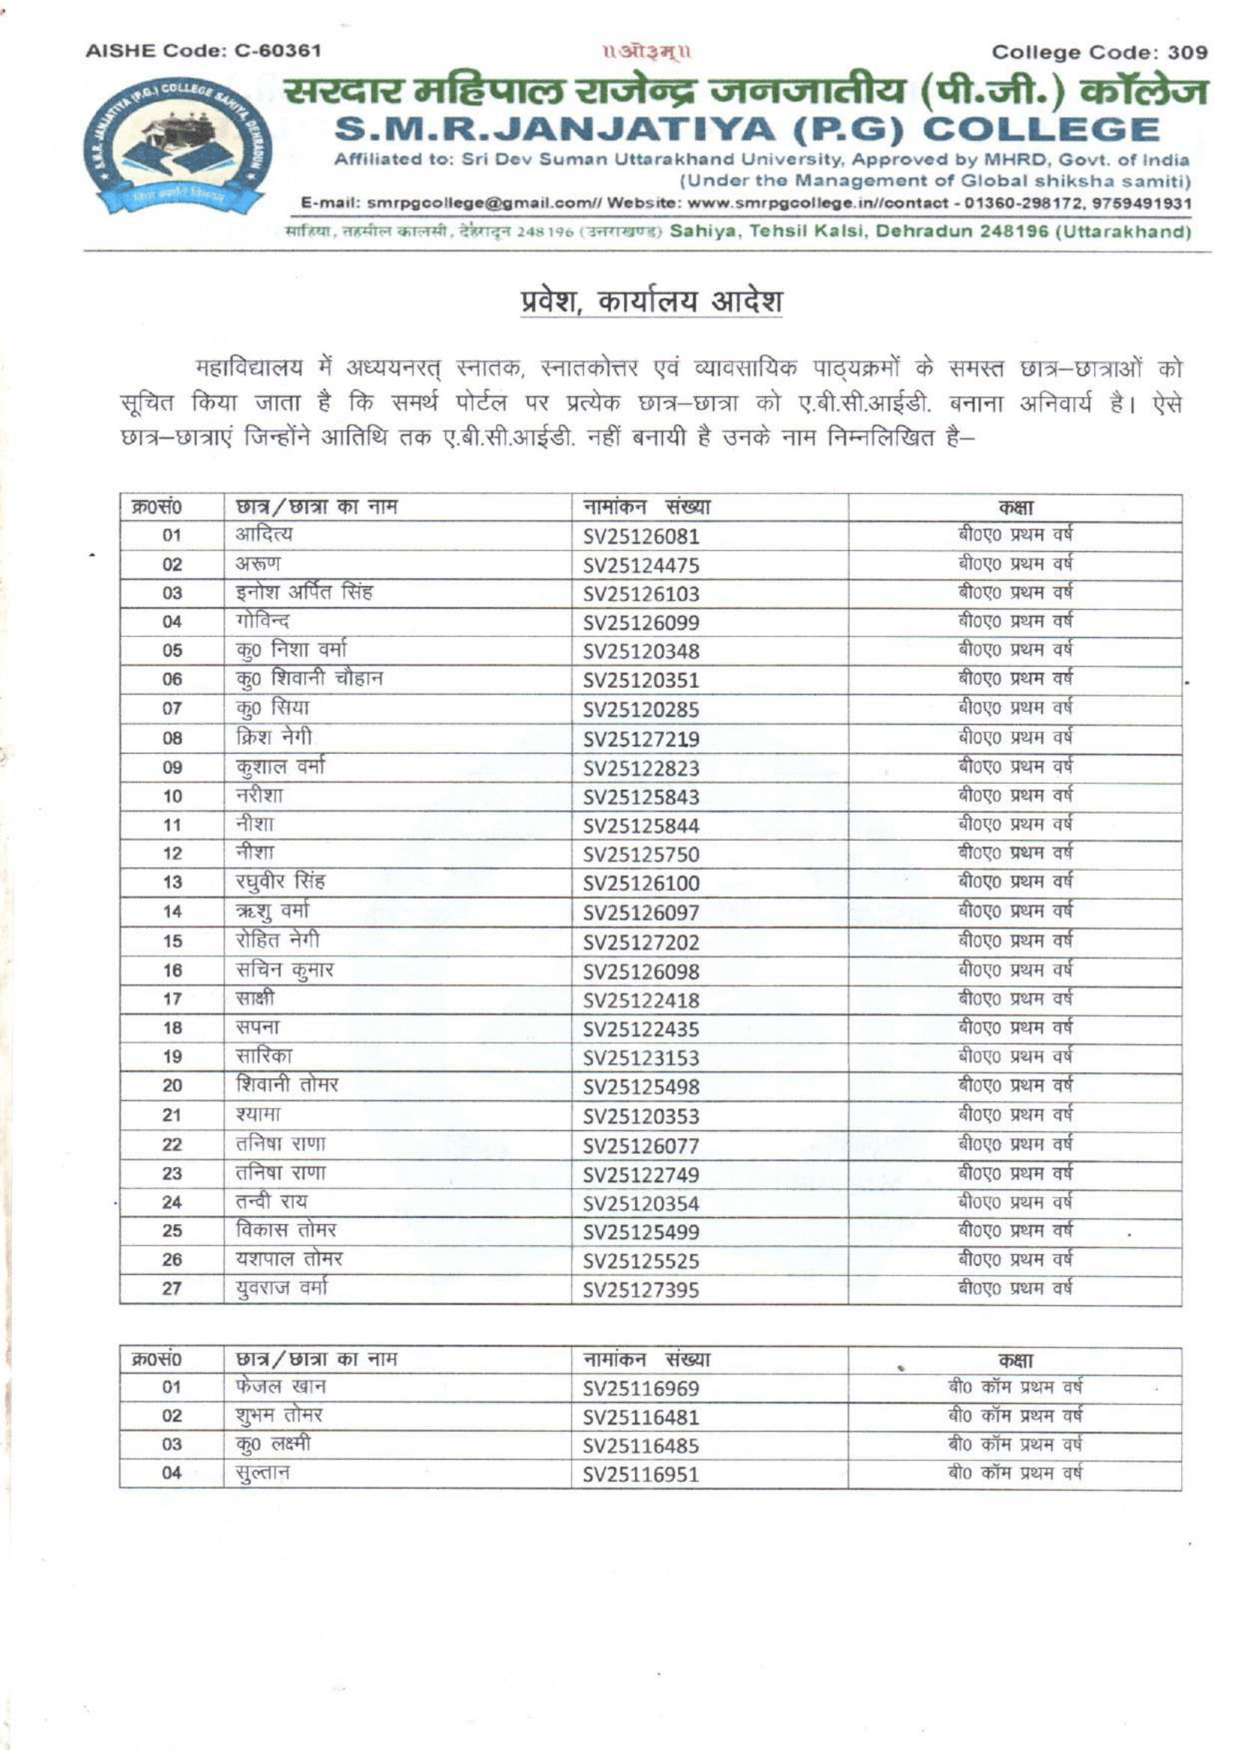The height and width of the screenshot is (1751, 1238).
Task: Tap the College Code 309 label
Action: [1099, 52]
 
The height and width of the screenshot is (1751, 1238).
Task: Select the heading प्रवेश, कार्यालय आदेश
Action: [651, 302]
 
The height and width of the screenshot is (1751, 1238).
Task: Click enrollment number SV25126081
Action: [641, 537]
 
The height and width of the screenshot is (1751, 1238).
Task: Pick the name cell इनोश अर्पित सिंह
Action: [303, 593]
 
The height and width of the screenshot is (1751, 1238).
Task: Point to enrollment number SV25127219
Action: [641, 739]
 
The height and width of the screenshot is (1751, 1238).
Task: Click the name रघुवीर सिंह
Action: [280, 882]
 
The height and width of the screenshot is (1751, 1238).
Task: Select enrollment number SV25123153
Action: [641, 1058]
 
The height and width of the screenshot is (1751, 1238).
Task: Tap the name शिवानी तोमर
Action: [286, 1085]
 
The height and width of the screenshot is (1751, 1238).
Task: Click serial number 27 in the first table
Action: [172, 1288]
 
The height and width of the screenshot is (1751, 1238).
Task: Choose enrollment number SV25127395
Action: [641, 1290]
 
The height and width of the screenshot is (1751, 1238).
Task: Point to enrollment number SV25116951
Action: [641, 1474]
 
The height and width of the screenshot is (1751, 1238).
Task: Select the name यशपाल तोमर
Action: [289, 1258]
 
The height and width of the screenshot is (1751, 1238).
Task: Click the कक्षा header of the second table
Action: [1016, 1359]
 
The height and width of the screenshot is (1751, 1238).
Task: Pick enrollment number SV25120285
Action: [641, 710]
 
